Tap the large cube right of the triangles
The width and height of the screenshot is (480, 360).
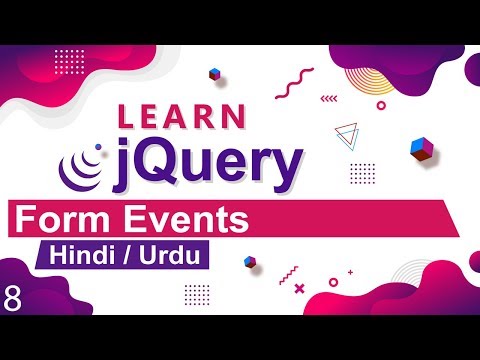(x=421, y=149)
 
